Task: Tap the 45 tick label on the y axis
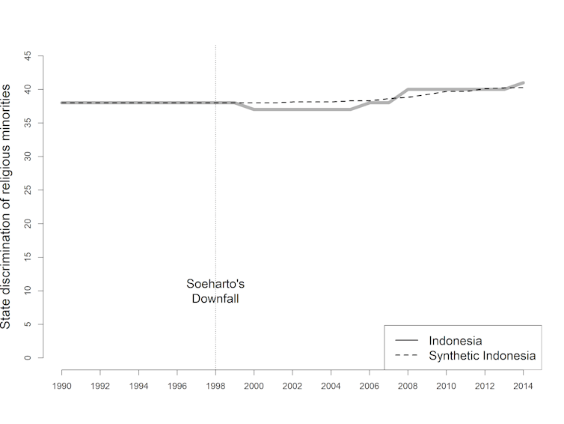(28, 55)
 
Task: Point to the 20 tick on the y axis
(28, 223)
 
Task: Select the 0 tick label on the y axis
(28, 357)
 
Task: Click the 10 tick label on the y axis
(28, 291)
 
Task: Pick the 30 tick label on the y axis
(28, 157)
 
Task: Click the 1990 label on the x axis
(61, 387)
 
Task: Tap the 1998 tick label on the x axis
(215, 387)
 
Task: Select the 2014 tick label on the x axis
(523, 387)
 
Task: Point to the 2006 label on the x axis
(370, 387)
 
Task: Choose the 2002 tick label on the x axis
(292, 387)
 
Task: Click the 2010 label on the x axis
(447, 387)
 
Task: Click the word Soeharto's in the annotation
(215, 285)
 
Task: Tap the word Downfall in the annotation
(215, 299)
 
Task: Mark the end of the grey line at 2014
(523, 82)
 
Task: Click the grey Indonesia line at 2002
(292, 109)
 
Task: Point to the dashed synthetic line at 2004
(331, 101)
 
